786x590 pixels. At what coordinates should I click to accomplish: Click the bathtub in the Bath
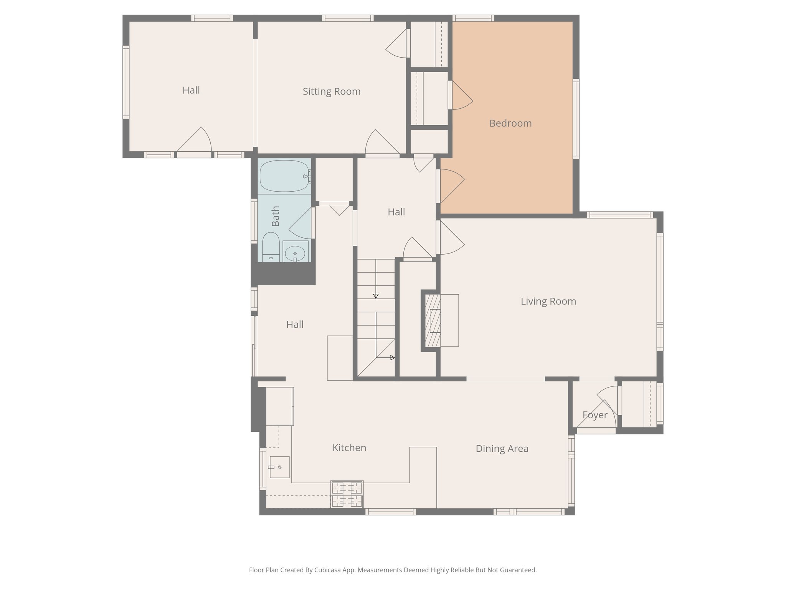tap(284, 176)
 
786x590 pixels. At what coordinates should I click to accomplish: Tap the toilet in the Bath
tap(271, 246)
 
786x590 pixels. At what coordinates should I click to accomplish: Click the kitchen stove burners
tap(347, 494)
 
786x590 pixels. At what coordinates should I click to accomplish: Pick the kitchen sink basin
tap(279, 467)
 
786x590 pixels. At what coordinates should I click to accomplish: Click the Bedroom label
tap(510, 123)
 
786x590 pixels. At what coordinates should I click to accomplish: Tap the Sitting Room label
tap(332, 91)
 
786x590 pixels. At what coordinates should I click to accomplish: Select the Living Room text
tap(548, 301)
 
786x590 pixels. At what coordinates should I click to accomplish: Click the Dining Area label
tap(502, 449)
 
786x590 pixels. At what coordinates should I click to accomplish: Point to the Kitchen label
tap(349, 448)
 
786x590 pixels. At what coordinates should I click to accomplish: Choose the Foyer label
tap(594, 415)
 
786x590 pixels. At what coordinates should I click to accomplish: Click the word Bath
tap(275, 216)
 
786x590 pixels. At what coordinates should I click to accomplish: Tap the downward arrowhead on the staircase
tap(376, 296)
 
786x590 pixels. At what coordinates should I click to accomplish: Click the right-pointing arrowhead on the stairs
tap(392, 358)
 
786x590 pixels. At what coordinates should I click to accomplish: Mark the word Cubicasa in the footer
tap(328, 570)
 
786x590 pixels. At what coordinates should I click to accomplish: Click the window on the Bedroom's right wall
tap(576, 118)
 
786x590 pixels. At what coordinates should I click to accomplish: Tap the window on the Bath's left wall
tap(254, 220)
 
